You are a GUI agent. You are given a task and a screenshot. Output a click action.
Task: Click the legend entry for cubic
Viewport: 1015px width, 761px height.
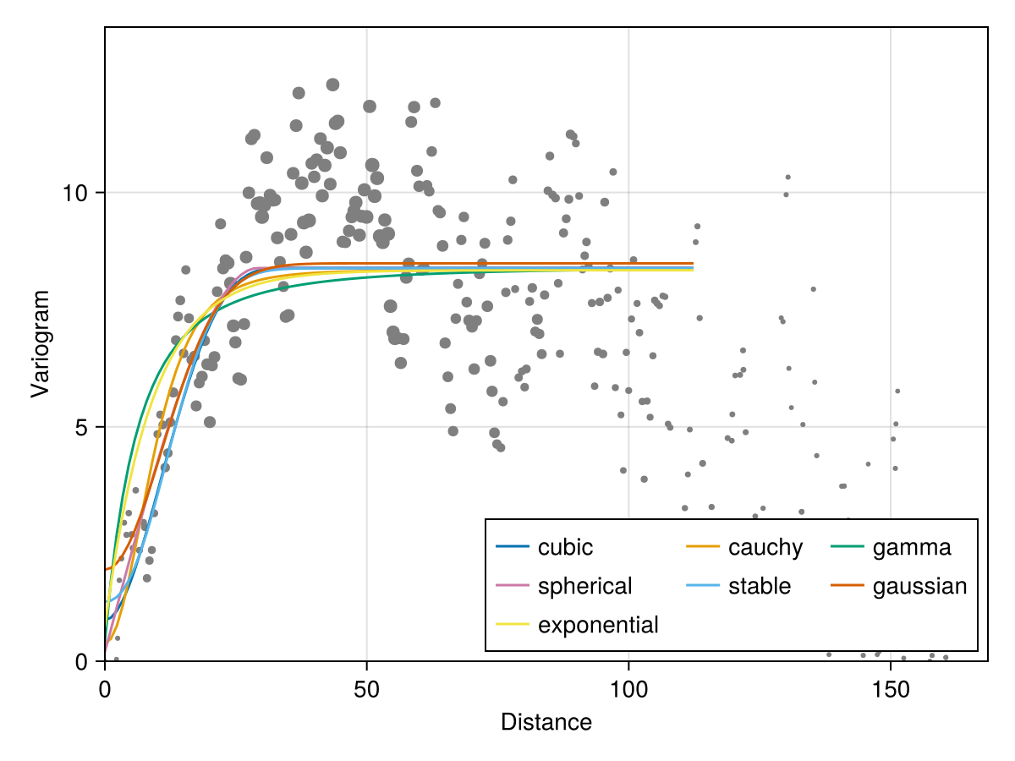565,547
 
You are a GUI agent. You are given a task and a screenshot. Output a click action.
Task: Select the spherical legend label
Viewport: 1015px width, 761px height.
584,586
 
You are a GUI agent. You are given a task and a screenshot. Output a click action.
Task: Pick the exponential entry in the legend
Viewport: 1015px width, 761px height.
598,625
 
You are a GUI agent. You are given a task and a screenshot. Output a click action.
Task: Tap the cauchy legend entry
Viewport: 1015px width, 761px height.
765,547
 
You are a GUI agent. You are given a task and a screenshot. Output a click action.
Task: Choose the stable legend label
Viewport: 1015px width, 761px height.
759,586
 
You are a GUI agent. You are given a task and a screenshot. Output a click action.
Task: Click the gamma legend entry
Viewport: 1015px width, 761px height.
911,547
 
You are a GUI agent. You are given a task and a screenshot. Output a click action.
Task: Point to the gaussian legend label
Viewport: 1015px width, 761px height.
919,586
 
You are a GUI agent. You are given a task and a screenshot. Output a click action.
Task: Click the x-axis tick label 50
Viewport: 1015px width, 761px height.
366,690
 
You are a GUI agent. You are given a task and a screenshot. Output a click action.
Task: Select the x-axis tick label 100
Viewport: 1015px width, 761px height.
628,690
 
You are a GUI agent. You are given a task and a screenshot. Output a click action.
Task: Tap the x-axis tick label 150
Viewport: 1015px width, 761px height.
891,690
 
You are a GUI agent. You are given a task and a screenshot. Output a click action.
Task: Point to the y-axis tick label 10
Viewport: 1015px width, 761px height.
77,193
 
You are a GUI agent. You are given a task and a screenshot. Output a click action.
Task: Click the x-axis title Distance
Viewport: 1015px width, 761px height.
546,722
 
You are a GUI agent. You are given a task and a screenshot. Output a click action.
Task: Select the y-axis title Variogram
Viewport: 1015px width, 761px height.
40,342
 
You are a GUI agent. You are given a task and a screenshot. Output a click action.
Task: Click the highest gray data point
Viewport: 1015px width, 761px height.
332,85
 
